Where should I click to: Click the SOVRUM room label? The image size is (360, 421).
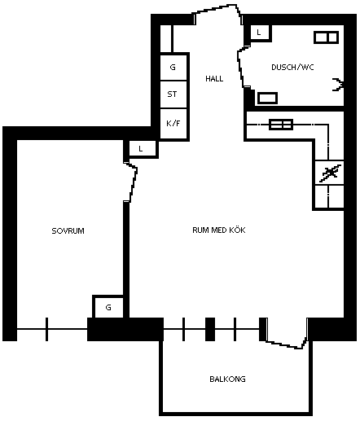click(x=68, y=231)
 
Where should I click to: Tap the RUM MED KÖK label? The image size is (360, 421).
click(x=219, y=230)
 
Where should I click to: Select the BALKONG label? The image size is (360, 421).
click(x=227, y=379)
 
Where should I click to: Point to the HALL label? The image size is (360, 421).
click(x=214, y=79)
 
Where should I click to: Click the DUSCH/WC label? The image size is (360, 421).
click(x=292, y=67)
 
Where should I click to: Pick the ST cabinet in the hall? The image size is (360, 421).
click(x=173, y=94)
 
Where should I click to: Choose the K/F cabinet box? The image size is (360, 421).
click(x=173, y=124)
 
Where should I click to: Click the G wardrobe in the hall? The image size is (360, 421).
click(x=173, y=67)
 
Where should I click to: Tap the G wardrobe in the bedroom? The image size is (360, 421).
click(x=108, y=307)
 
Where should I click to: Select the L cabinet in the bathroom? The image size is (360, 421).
click(x=260, y=33)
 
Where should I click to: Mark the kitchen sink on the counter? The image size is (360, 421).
click(x=281, y=125)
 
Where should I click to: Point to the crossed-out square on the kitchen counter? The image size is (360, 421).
click(x=329, y=173)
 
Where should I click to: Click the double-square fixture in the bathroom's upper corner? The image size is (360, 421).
click(x=326, y=37)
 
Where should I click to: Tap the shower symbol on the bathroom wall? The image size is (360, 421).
click(x=338, y=85)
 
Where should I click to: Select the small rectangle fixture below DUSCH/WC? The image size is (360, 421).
click(x=267, y=98)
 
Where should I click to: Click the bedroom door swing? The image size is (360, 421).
click(x=131, y=182)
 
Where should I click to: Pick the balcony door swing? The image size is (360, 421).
click(x=288, y=335)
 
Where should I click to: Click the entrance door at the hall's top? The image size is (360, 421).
click(x=217, y=12)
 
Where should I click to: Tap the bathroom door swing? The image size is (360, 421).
click(x=243, y=68)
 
